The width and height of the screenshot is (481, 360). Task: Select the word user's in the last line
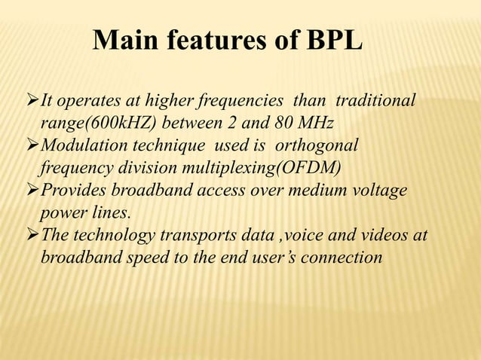pos(277,258)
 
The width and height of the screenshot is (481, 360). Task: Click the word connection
pos(345,258)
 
